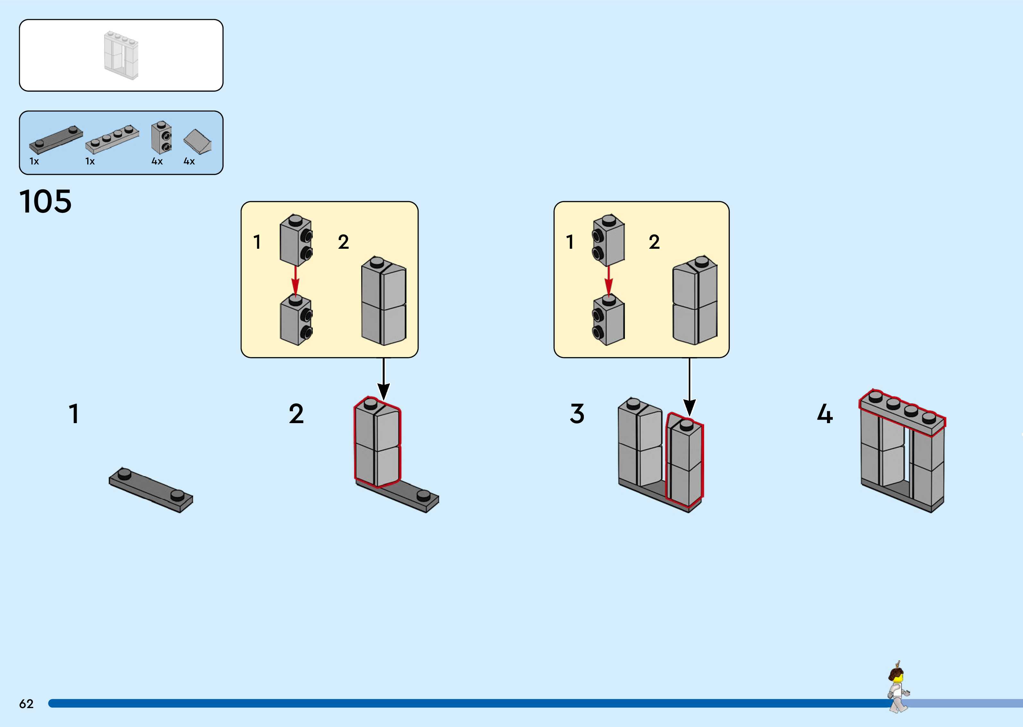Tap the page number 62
tap(26, 704)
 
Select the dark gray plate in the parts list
tap(56, 139)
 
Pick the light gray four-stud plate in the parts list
tap(112, 138)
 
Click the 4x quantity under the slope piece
tap(189, 161)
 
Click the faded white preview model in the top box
tap(121, 55)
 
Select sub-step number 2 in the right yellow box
tap(654, 242)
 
